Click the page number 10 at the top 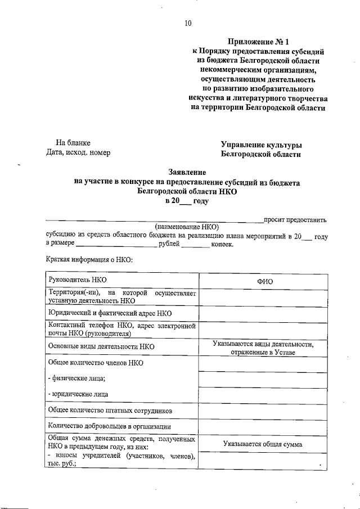[x=188, y=23]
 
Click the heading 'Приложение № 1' [x=258, y=42]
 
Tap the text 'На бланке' [x=73, y=143]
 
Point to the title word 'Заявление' [x=187, y=172]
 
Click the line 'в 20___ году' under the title [x=186, y=201]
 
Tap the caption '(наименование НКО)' [x=187, y=227]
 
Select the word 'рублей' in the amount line [x=169, y=244]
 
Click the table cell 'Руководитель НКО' [x=78, y=280]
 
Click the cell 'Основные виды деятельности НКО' [x=101, y=347]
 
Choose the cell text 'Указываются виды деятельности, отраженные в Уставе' [x=263, y=348]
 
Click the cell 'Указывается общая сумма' [x=263, y=444]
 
